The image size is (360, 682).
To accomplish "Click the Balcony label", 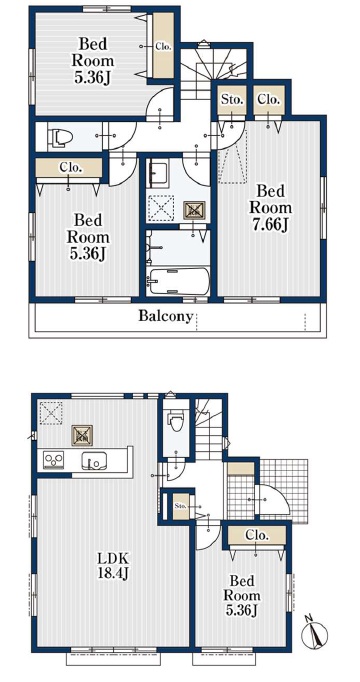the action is pyautogui.click(x=165, y=316).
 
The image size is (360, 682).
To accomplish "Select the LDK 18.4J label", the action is pyautogui.click(x=113, y=566).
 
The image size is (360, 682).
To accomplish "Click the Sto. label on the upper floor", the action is pyautogui.click(x=232, y=99).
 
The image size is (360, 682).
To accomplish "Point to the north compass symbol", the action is pyautogui.click(x=314, y=632).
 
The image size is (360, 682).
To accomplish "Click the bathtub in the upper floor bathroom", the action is pyautogui.click(x=178, y=282).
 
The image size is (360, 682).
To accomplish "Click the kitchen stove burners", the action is pyautogui.click(x=53, y=460).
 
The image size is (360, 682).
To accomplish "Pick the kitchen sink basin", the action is pyautogui.click(x=94, y=461).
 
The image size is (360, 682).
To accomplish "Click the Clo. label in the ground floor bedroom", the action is pyautogui.click(x=257, y=535).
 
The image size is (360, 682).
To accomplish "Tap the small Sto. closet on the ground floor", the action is pyautogui.click(x=181, y=506).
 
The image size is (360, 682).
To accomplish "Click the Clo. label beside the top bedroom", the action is pyautogui.click(x=164, y=47).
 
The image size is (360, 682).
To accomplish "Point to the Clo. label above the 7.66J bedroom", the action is pyautogui.click(x=268, y=99).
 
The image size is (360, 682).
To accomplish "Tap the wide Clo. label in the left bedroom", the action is pyautogui.click(x=69, y=167).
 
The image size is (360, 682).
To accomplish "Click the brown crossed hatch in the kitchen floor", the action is pyautogui.click(x=82, y=435).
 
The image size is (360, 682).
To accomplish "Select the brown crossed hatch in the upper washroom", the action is pyautogui.click(x=192, y=211).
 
